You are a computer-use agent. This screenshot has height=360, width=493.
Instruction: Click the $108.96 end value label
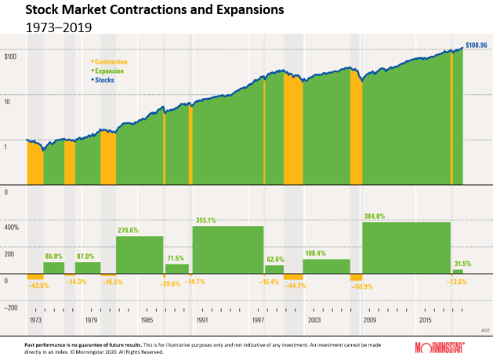(477, 46)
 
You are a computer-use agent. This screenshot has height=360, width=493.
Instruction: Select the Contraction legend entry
(111, 61)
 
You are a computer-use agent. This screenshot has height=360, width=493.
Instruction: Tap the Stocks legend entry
(106, 79)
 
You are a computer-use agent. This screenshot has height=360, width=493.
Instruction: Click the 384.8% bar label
(379, 216)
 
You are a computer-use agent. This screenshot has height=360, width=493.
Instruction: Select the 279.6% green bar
(140, 255)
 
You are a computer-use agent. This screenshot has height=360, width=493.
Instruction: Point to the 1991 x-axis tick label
(203, 321)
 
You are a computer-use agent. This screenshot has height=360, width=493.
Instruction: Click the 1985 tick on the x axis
(147, 321)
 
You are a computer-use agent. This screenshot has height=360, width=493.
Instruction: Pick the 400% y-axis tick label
(13, 227)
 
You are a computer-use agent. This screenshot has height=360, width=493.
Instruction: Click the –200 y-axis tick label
(12, 307)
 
